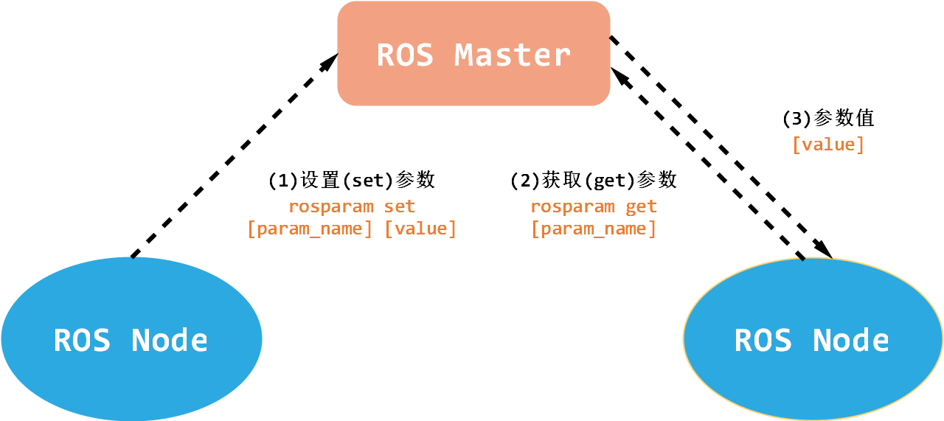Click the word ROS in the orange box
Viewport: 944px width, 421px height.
[405, 55]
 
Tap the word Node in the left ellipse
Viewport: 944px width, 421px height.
[170, 340]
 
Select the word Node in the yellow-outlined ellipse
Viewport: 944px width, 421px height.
[850, 340]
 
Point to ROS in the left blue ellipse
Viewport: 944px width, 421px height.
[82, 340]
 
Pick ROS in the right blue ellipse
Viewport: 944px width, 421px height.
[763, 340]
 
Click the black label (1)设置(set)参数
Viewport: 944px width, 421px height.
[351, 180]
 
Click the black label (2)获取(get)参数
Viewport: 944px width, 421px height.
[593, 180]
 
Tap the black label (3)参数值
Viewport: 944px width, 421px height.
[827, 118]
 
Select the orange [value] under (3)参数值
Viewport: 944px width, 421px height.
[827, 145]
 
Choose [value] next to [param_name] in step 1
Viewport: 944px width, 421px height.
[421, 229]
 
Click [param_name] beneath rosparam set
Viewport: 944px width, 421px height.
[310, 229]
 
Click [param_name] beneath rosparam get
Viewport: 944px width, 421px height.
[594, 229]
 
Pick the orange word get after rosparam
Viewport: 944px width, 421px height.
[642, 206]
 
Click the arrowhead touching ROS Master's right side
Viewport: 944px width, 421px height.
[619, 73]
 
